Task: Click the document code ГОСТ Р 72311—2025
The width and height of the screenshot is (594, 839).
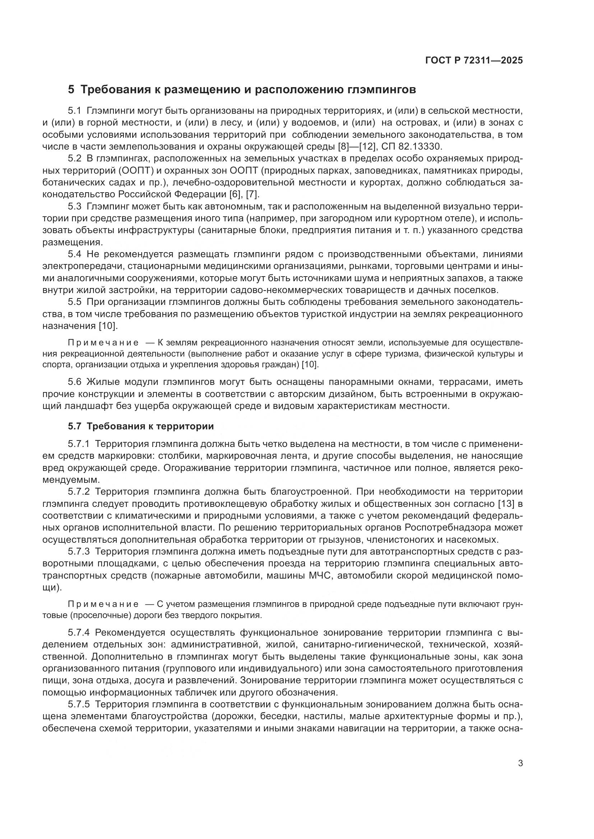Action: [x=474, y=61]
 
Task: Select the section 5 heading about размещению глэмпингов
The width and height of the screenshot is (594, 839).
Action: [x=242, y=90]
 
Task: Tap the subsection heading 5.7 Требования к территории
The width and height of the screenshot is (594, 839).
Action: [x=141, y=426]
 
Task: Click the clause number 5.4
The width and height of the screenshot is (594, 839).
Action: [x=75, y=254]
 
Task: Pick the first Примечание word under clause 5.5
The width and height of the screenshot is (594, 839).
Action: [x=103, y=343]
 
